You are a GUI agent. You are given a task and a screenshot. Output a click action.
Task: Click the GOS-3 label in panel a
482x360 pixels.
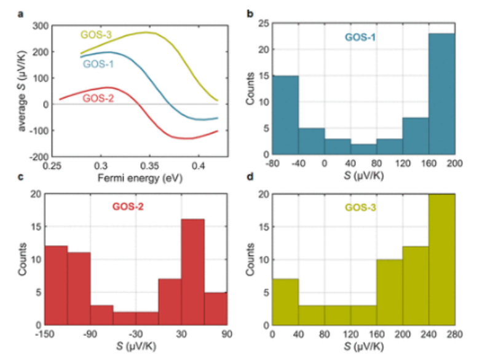point(96,34)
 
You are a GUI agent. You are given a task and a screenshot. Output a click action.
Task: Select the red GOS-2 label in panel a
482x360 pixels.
point(98,97)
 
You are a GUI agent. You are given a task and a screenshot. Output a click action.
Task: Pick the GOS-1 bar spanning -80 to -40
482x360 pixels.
point(285,115)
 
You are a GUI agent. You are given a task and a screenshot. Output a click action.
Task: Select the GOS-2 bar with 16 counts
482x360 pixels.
point(192,272)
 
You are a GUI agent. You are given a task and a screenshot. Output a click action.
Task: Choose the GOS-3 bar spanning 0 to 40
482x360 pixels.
point(285,301)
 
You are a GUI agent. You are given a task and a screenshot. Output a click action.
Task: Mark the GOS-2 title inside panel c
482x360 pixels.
point(127,208)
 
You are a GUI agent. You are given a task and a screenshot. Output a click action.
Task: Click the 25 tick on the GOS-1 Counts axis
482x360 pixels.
point(262,24)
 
